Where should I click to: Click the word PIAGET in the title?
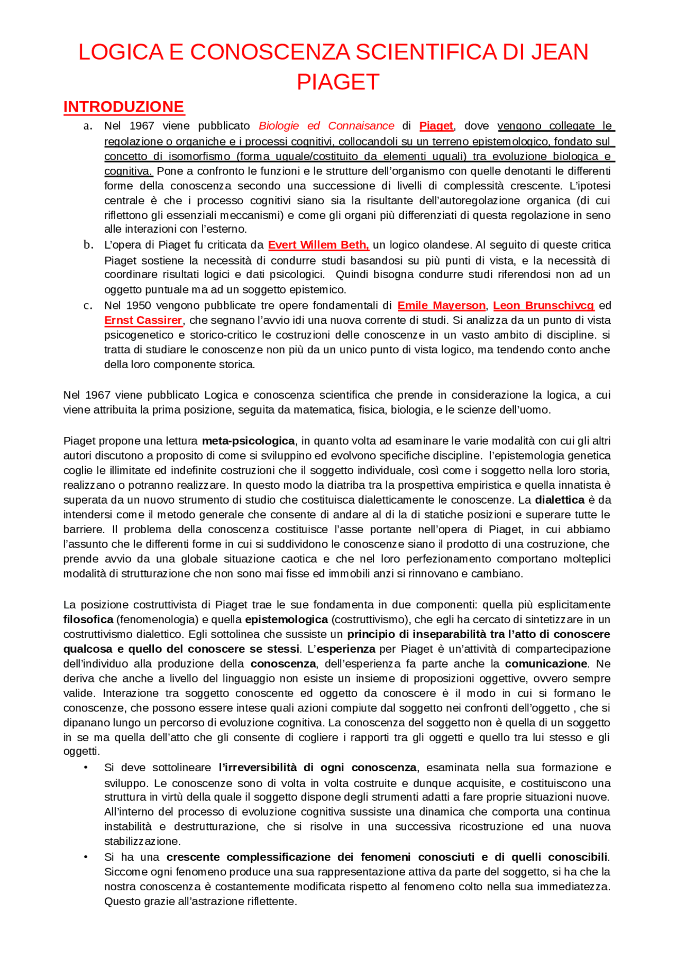coord(338,82)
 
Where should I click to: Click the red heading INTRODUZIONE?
coord(124,107)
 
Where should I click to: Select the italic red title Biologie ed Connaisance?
coord(326,126)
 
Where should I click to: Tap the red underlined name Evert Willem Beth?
coord(318,245)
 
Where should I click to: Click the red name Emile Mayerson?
coord(441,306)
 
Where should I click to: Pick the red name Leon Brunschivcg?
coord(543,306)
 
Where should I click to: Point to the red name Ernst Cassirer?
coord(143,321)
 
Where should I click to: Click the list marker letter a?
coord(88,126)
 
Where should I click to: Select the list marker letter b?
coord(88,245)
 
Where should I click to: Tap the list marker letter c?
coord(88,306)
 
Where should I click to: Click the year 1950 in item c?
coord(139,306)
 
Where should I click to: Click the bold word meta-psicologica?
coord(248,441)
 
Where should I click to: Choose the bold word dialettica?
coord(560,500)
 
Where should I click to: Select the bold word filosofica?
coord(88,619)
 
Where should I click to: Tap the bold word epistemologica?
coord(286,619)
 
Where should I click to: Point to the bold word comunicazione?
coord(546,664)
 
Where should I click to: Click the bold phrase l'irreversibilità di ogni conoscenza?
coord(317,768)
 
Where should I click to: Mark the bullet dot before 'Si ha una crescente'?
coord(86,857)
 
